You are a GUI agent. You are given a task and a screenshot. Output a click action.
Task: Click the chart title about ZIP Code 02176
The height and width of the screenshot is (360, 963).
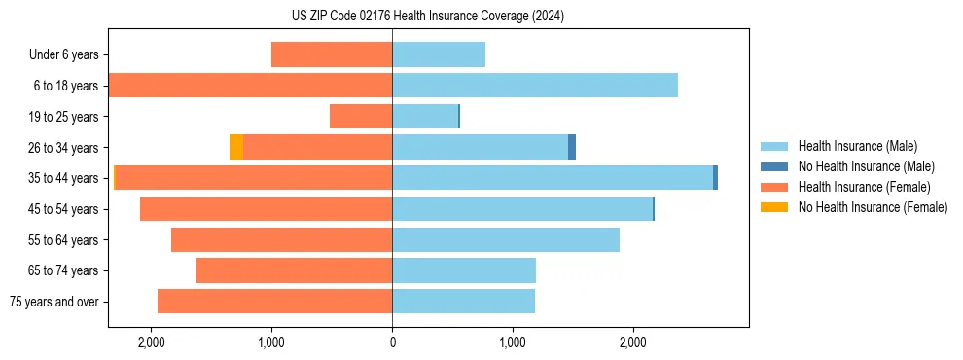(428, 17)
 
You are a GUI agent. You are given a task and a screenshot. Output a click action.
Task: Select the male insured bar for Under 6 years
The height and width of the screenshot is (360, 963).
(439, 54)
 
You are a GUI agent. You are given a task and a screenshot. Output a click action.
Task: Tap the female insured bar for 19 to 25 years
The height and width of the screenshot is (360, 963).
(361, 117)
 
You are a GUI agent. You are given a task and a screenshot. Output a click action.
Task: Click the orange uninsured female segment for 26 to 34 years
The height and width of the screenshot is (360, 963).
(236, 147)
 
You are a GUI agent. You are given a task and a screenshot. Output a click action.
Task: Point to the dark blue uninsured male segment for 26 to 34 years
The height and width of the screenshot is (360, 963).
(572, 147)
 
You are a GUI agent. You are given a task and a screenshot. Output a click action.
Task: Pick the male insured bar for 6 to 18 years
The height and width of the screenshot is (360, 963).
(535, 86)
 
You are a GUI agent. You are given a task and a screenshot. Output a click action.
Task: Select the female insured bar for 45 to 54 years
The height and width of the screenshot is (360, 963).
(266, 208)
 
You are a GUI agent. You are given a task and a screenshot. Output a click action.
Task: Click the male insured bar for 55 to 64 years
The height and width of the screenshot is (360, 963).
(506, 239)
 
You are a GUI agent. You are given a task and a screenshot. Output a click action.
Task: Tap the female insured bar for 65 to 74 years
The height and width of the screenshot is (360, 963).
(294, 270)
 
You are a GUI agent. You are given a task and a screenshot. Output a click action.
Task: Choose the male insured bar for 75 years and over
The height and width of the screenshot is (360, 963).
(463, 302)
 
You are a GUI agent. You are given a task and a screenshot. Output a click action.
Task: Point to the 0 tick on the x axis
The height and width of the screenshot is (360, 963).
(392, 342)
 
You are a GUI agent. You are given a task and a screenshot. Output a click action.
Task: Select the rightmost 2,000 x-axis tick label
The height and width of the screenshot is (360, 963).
(633, 342)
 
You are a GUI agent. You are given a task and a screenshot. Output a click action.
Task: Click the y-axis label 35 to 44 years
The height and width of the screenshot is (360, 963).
(66, 178)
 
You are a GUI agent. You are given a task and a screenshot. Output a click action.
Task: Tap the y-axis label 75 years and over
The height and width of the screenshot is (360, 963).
(54, 302)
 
